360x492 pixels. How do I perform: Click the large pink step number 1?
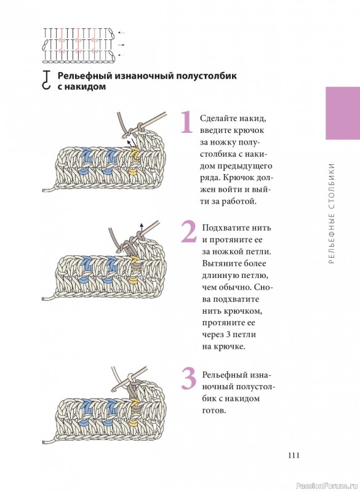pyautogui.click(x=187, y=122)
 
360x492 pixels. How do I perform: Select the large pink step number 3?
pyautogui.click(x=189, y=379)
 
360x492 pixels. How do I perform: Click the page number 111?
pyautogui.click(x=294, y=455)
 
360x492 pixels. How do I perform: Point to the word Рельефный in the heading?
pyautogui.click(x=84, y=76)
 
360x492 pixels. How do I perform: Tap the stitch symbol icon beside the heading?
pyautogui.click(x=46, y=80)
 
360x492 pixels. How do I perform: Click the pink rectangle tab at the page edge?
pyautogui.click(x=343, y=113)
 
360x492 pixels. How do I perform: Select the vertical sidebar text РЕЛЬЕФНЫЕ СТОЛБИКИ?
pyautogui.click(x=332, y=213)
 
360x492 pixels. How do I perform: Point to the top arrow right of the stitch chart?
pyautogui.click(x=121, y=33)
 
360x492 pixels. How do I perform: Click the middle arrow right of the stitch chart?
pyautogui.click(x=121, y=45)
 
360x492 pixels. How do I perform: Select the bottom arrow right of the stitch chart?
pyautogui.click(x=121, y=55)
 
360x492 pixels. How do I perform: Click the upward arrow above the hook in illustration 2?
pyautogui.click(x=142, y=228)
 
